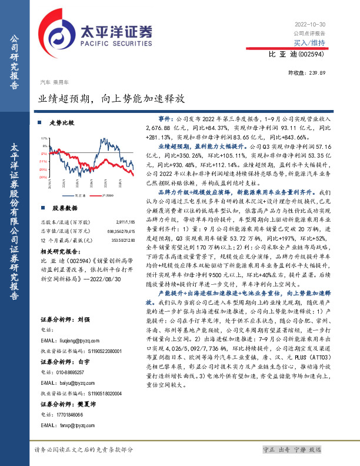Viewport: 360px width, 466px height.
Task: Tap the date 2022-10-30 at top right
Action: click(x=308, y=24)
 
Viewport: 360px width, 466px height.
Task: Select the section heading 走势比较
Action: click(x=62, y=123)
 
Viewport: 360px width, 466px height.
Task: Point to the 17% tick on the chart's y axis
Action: click(x=44, y=137)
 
